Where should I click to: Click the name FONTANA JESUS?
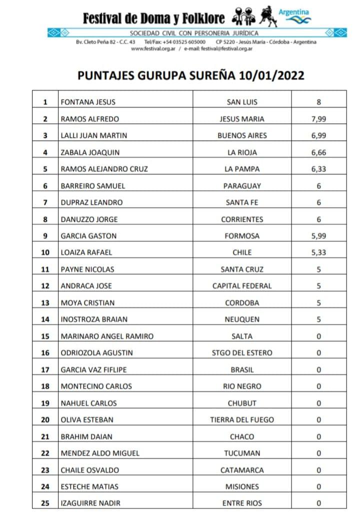pyautogui.click(x=88, y=102)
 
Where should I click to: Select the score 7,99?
pyautogui.click(x=318, y=119)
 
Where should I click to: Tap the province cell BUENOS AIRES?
pyautogui.click(x=242, y=135)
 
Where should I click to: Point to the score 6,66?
pyautogui.click(x=318, y=152)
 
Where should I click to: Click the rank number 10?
pyautogui.click(x=45, y=253)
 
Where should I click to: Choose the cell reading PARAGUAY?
pyautogui.click(x=242, y=186)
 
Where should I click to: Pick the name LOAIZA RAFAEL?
pyautogui.click(x=86, y=253)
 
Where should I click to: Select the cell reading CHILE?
pyautogui.click(x=242, y=253)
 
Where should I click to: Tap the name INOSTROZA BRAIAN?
pyautogui.click(x=94, y=320)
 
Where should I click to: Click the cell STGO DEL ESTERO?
pyautogui.click(x=242, y=353)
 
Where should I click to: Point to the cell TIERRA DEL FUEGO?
pyautogui.click(x=242, y=420)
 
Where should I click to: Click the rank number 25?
pyautogui.click(x=45, y=504)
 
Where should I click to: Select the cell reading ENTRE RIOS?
pyautogui.click(x=242, y=504)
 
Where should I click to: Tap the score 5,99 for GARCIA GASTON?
pyautogui.click(x=318, y=236)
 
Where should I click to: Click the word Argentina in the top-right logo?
pyautogui.click(x=293, y=12)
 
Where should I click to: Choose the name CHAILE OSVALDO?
pyautogui.click(x=90, y=470)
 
